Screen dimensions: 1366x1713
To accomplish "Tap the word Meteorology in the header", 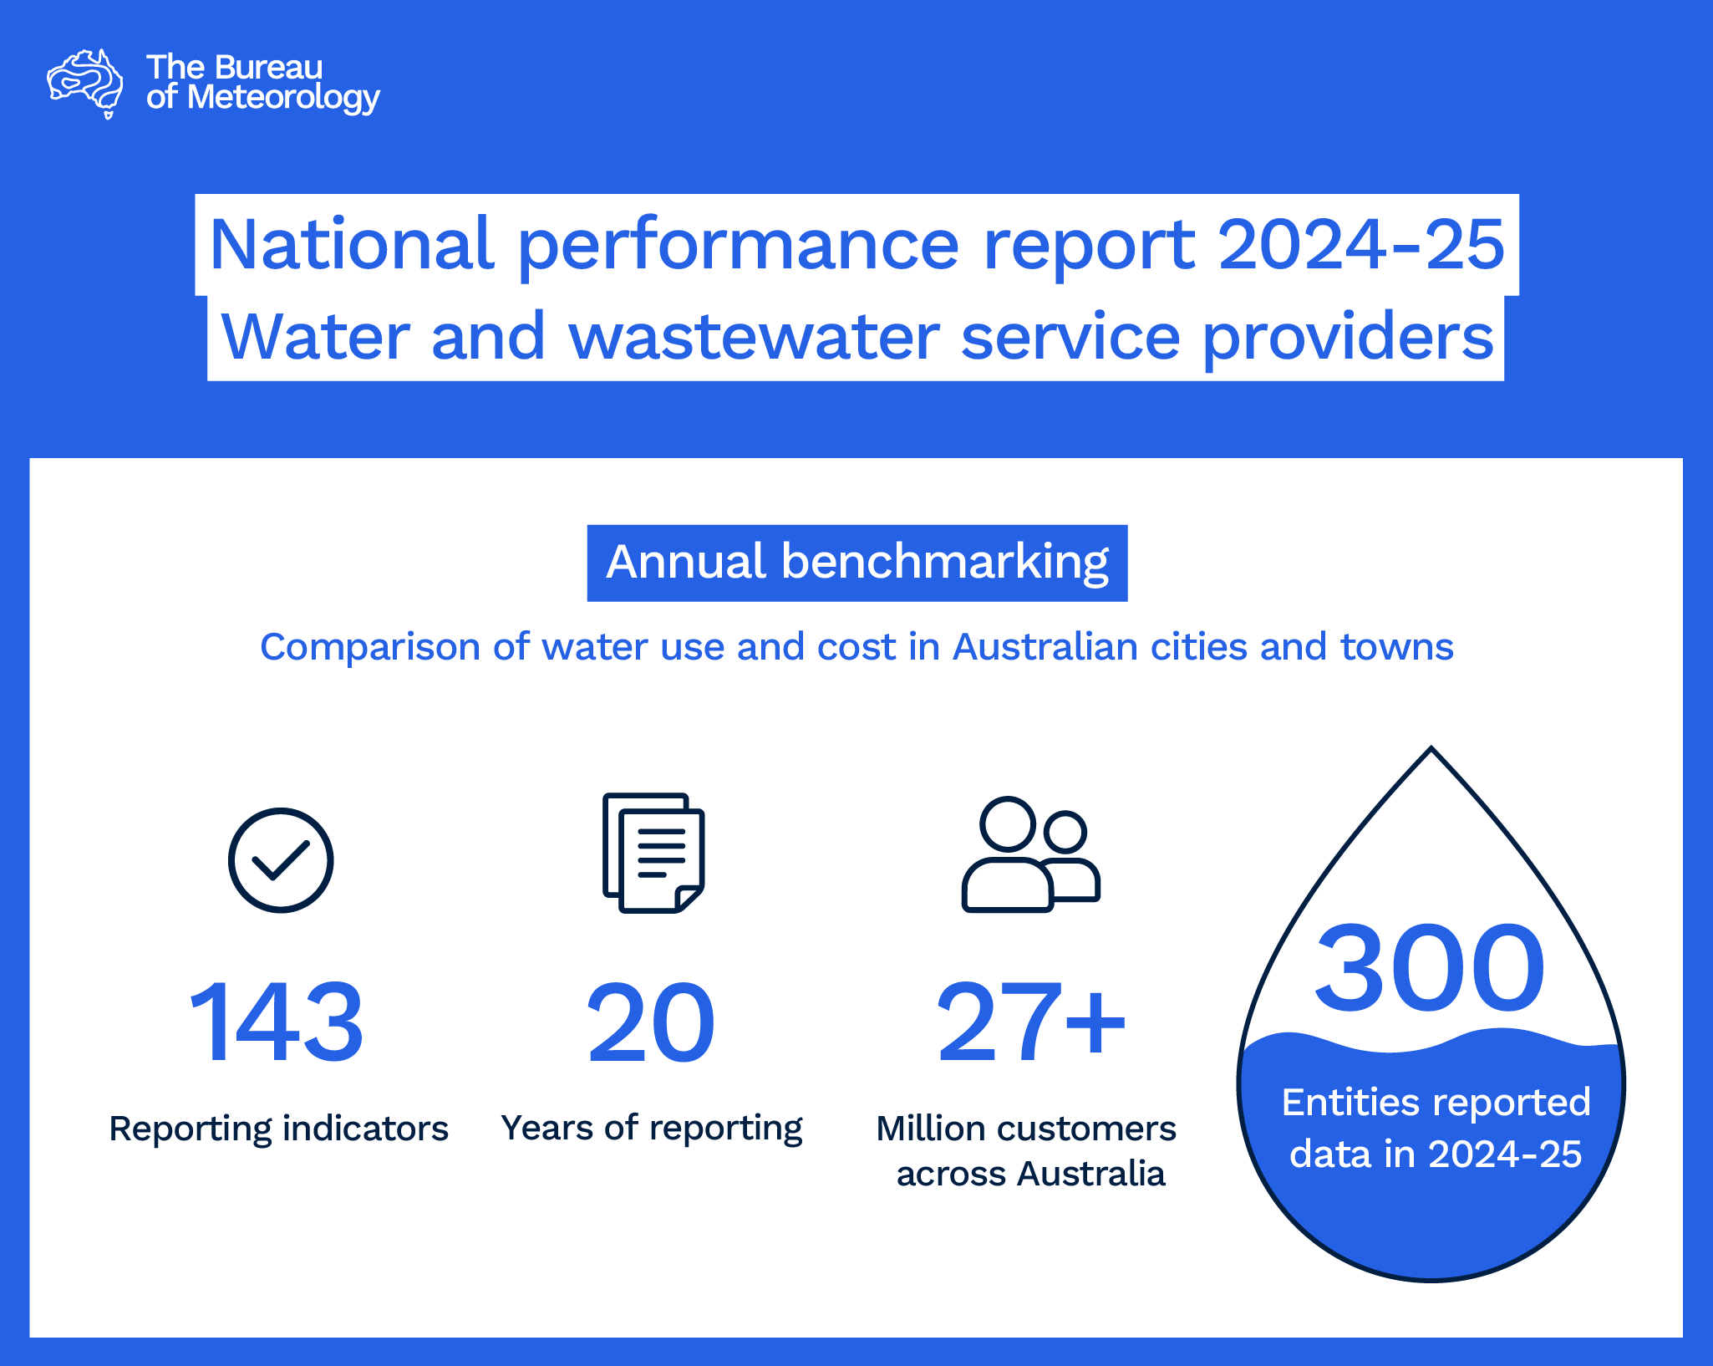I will click(283, 99).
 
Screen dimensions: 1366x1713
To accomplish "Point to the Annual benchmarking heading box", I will click(856, 563).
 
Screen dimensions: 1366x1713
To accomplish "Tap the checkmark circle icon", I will click(281, 859).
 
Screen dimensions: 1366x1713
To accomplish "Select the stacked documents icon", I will click(653, 853).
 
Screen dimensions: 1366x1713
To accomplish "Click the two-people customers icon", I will click(1030, 854).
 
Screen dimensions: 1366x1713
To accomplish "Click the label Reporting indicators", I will click(278, 1129).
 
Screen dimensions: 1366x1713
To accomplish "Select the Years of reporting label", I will click(651, 1129).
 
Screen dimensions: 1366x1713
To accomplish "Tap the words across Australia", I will click(1030, 1174).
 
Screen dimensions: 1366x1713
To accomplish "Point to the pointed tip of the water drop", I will click(1431, 750).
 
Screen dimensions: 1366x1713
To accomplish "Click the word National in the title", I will click(352, 245).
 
